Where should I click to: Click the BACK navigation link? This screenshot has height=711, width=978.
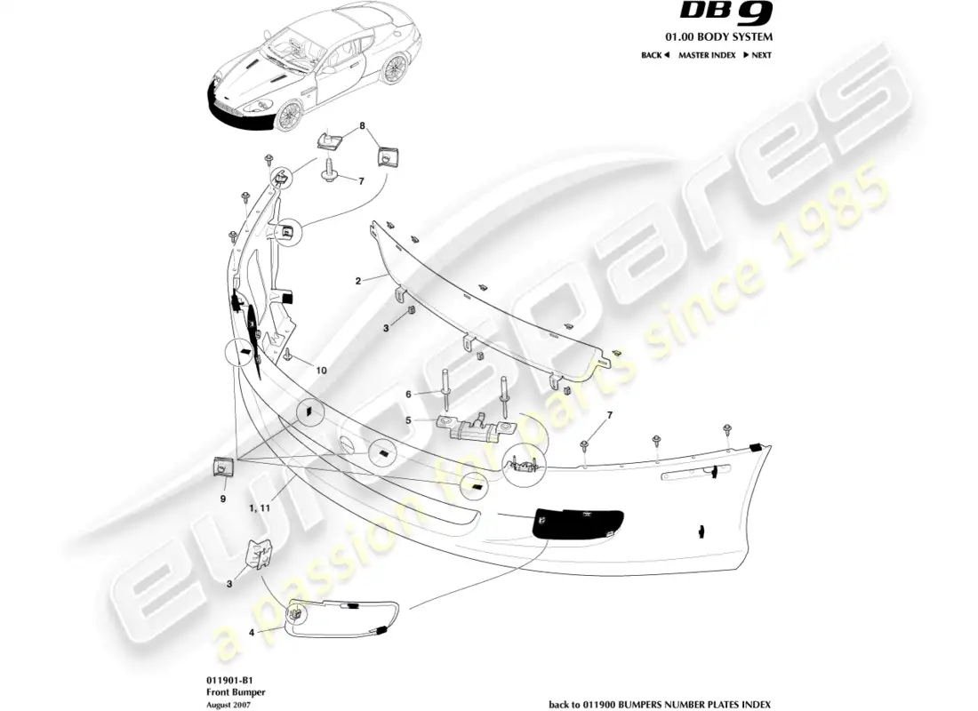click(x=654, y=55)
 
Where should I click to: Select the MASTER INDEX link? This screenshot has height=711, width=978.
click(x=706, y=55)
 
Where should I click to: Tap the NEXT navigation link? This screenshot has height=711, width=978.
click(x=757, y=55)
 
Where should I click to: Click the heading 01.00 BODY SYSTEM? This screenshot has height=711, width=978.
click(x=728, y=36)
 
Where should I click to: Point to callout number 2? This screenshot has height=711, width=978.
click(x=357, y=281)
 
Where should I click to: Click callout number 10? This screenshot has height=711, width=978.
click(x=321, y=370)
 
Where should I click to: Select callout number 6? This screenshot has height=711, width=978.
click(x=409, y=395)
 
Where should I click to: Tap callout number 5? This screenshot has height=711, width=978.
click(x=409, y=420)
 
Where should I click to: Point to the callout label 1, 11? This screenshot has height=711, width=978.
click(x=261, y=508)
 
